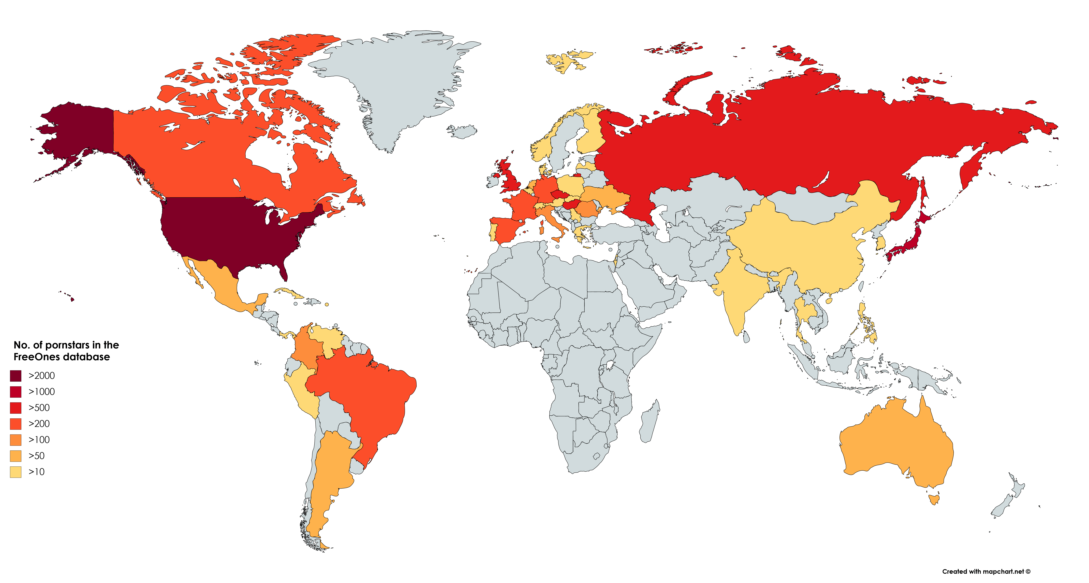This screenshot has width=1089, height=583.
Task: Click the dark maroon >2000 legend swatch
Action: point(16,376)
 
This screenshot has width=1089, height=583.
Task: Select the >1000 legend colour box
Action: point(16,392)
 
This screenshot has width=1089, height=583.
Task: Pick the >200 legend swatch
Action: point(16,424)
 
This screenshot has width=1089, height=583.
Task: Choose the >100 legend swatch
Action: point(16,440)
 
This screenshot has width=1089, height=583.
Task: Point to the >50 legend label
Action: point(36,456)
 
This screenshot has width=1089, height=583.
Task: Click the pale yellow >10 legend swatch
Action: point(16,472)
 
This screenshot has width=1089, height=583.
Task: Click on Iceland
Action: point(463,131)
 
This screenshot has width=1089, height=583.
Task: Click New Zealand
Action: point(1008,501)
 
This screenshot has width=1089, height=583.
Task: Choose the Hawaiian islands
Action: point(72,299)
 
